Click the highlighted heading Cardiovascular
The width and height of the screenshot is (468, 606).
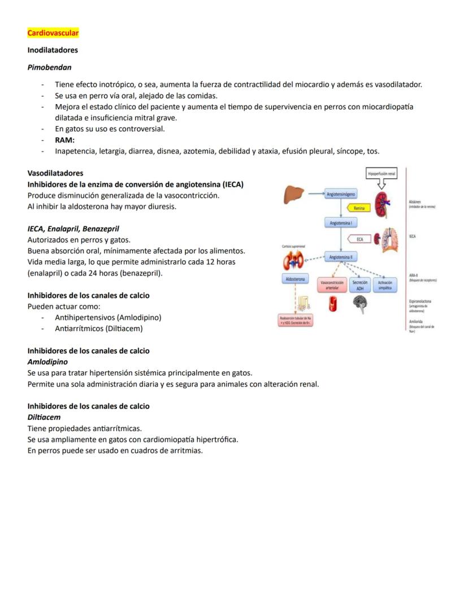tap(53, 33)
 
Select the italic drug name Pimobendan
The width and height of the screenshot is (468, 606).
tap(50, 67)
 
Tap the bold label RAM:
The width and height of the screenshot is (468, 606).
tap(65, 140)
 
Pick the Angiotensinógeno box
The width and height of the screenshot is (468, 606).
tap(341, 194)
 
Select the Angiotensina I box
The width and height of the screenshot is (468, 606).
tap(341, 223)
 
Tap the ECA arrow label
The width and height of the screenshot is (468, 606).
tap(359, 239)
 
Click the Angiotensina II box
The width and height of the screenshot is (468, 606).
tap(341, 257)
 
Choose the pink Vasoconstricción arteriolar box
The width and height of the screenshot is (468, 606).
tap(332, 285)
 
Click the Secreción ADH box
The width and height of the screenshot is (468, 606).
tap(359, 285)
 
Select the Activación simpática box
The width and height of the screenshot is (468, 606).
tap(385, 285)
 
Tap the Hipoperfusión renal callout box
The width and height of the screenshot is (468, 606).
tap(381, 174)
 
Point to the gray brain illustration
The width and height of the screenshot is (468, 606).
tap(359, 306)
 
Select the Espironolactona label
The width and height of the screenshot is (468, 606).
tap(420, 302)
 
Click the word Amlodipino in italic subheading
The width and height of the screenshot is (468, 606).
tap(47, 361)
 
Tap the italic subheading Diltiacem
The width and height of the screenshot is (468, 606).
tap(44, 417)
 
